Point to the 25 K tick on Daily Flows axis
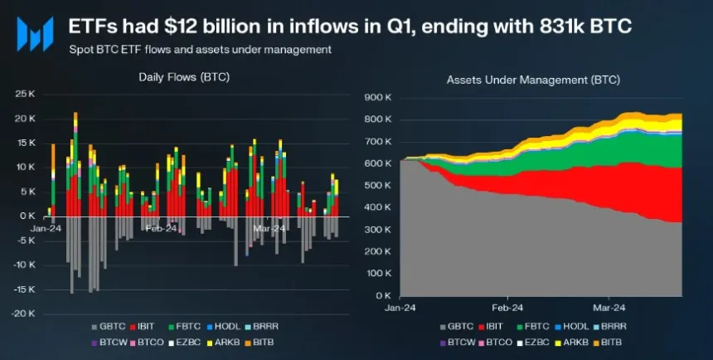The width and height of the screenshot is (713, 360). coord(25,94)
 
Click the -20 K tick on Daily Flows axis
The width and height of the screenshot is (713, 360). coord(23,314)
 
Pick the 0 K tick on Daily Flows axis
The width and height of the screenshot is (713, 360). coord(28,216)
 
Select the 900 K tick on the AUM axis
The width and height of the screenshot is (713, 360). coord(377,97)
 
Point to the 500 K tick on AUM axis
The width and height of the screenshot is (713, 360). coord(377,185)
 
